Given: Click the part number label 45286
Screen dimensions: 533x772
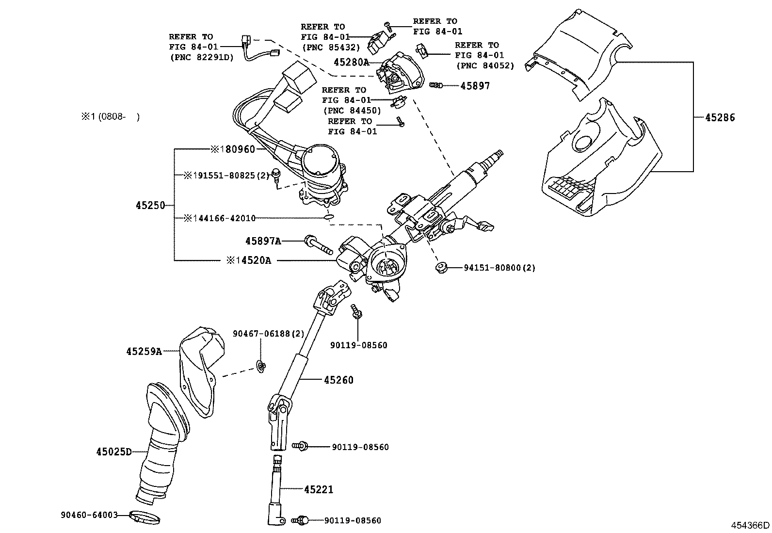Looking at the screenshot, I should tap(720, 117).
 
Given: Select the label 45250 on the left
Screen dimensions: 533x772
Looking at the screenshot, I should tap(150, 205).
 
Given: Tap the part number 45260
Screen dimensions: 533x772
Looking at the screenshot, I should tap(338, 380).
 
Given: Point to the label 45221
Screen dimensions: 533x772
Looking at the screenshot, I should tap(319, 489).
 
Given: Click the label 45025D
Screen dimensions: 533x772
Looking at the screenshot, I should tap(114, 452).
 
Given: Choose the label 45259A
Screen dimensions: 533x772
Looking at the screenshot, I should tap(144, 351).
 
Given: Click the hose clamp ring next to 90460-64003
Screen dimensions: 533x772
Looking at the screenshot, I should tap(145, 517).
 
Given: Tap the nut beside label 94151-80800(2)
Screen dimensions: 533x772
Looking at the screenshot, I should tap(441, 267).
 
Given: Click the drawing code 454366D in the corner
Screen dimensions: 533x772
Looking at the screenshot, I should tap(750, 525).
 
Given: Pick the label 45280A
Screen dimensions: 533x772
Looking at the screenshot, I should tap(351, 62).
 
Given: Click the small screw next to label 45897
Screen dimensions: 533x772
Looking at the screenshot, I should tap(436, 85).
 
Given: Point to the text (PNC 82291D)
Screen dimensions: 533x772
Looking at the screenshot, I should tap(201, 57).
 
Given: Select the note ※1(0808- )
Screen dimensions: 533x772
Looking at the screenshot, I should tap(110, 116).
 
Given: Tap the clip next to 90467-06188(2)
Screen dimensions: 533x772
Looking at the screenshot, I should tap(261, 367).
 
